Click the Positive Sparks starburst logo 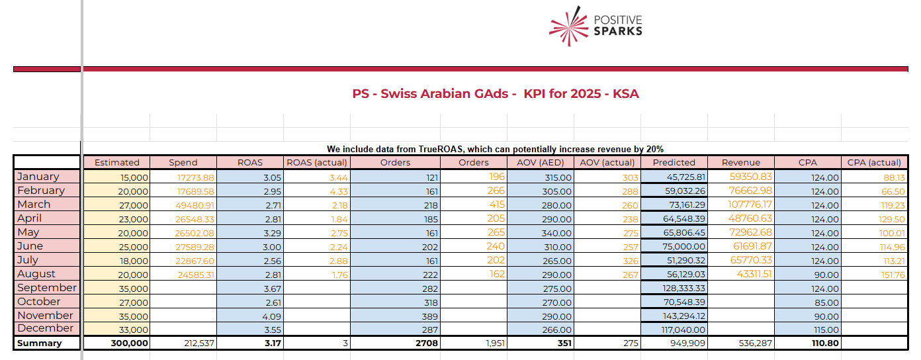pos(568,26)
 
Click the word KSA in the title pos(626,94)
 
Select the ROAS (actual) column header pos(316,163)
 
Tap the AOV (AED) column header pos(541,163)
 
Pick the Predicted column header pos(674,163)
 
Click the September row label pos(47,288)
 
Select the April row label pos(29,218)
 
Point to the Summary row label pos(40,343)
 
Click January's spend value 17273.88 pos(196,178)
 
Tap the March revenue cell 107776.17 pos(750,204)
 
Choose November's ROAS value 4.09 pos(272,316)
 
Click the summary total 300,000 pos(130,343)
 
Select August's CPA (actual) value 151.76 pos(893,275)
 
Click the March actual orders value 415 pos(497,204)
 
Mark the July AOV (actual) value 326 pos(631,261)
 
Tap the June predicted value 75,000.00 pos(683,246)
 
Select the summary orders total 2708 pos(427,343)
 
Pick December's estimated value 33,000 pos(133,330)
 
